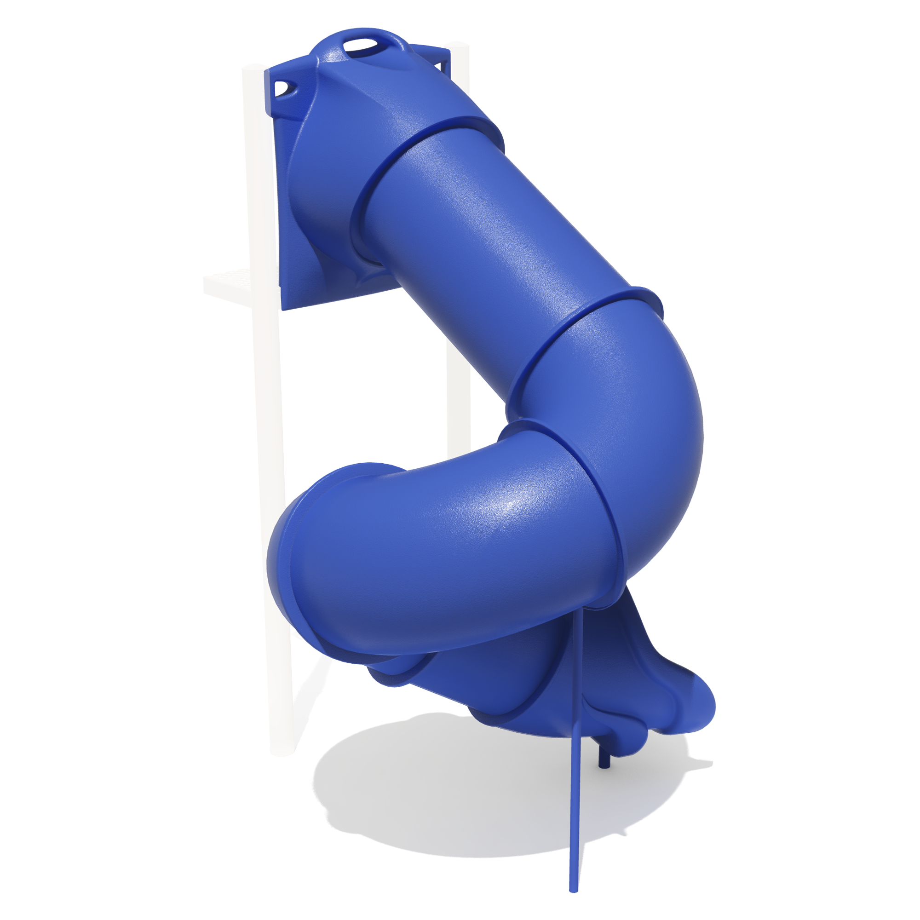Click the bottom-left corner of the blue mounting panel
coord(283,309)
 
